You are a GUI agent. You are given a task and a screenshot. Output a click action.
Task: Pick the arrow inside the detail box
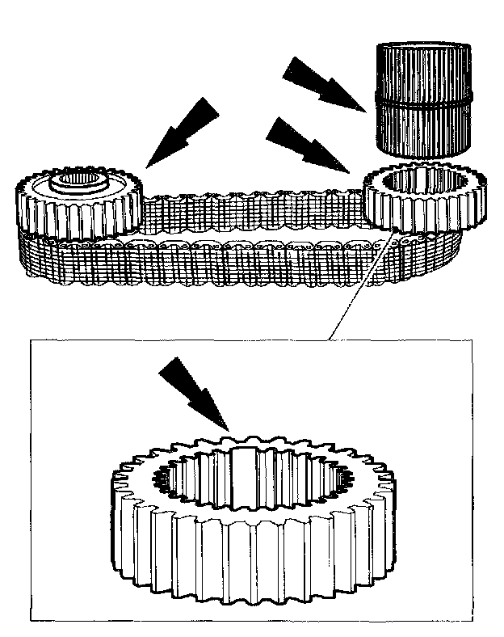coord(194,392)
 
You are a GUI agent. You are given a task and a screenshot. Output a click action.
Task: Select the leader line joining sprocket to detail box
coord(359,283)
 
